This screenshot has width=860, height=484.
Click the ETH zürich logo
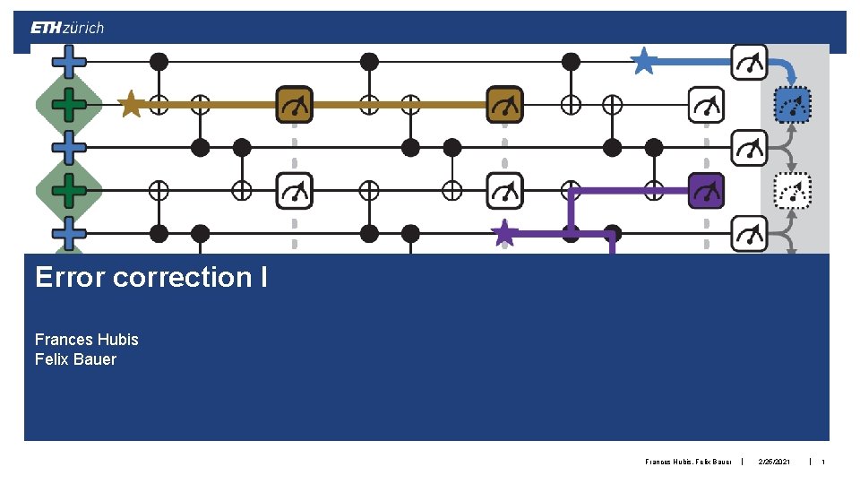pos(67,28)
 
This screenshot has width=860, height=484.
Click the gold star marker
pos(131,104)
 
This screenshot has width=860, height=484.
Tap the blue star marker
pos(643,61)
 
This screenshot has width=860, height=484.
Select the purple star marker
pos(505,233)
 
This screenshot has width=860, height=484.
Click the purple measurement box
pos(706,191)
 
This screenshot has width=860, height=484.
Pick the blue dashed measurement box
pos(792,105)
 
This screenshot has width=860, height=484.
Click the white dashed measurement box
pos(792,190)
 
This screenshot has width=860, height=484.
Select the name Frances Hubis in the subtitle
pos(86,340)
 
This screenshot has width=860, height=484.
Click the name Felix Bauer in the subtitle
pos(75,359)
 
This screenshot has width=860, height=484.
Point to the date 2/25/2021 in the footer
pos(775,462)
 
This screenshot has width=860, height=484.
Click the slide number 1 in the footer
pos(822,462)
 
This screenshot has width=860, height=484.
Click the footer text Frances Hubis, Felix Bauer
pos(688,462)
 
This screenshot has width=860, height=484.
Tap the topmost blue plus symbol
pos(69,61)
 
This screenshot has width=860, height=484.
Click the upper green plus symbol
pos(69,104)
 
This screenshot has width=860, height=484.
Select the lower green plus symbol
pos(69,190)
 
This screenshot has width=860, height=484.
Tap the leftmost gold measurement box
pos(294,105)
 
